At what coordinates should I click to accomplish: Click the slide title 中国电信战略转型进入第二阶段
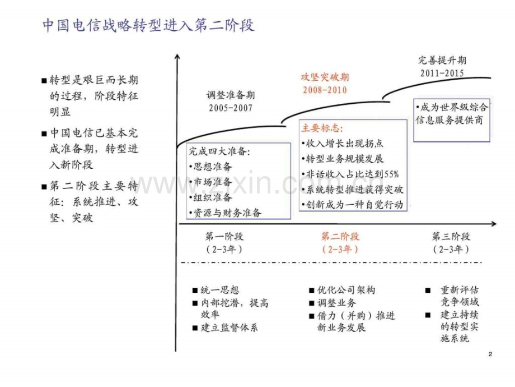tap(148, 25)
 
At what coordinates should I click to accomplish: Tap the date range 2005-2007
tap(231, 108)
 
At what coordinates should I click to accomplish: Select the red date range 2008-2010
tap(325, 90)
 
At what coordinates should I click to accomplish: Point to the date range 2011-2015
tap(442, 73)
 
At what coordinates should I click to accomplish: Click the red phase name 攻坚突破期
tap(325, 77)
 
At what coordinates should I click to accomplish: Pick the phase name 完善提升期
tap(442, 60)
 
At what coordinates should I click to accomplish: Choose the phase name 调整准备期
tap(231, 95)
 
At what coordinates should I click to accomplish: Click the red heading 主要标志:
tap(322, 128)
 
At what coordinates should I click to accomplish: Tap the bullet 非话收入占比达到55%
tap(350, 174)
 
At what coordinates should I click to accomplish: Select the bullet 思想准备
tap(210, 167)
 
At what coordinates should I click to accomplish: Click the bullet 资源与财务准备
tap(225, 213)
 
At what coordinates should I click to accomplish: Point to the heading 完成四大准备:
tap(219, 151)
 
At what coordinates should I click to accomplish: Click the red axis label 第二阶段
tap(340, 236)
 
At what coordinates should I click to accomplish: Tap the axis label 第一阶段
tap(224, 236)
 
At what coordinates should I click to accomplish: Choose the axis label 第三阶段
tap(451, 236)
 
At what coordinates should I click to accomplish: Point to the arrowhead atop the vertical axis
tap(177, 56)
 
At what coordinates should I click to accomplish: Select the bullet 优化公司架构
tap(342, 290)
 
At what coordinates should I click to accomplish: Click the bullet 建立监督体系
tap(225, 328)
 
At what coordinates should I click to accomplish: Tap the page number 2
tap(490, 354)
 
